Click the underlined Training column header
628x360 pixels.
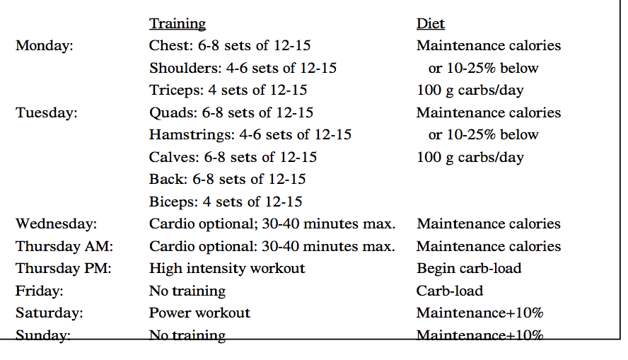pos(178,24)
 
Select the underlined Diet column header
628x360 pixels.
pos(431,23)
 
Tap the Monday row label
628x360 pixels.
pos(45,46)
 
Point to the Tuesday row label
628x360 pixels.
pos(47,113)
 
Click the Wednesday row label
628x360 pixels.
pos(56,223)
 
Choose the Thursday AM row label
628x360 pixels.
pos(64,246)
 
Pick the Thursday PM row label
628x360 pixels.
pos(63,268)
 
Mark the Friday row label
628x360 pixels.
pos(40,291)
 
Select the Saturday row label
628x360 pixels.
pos(50,313)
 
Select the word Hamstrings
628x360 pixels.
pos(190,135)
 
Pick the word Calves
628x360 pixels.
pos(173,158)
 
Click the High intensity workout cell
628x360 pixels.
pos(227,269)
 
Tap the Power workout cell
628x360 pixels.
pos(199,313)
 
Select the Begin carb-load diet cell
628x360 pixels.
pos(469,269)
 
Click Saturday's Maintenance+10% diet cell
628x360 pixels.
pos(479,313)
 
